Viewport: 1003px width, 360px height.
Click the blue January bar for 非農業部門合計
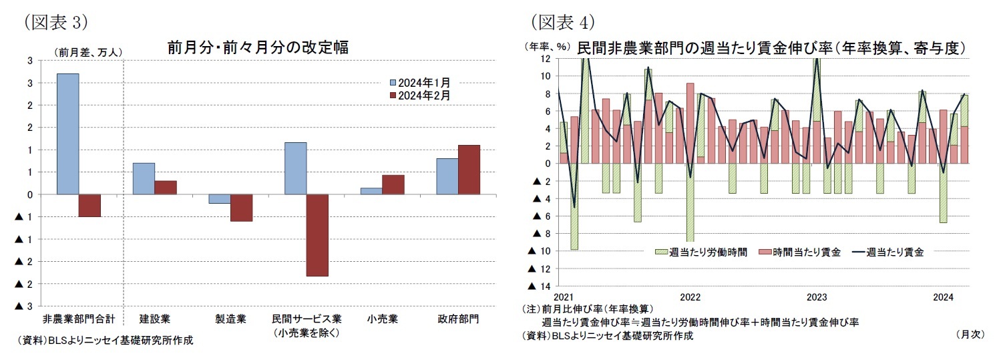(67, 134)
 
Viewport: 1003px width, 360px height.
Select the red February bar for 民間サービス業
(317, 235)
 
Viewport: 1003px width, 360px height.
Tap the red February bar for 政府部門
(469, 170)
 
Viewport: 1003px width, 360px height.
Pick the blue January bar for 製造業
(219, 198)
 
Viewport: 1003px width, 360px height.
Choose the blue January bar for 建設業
(144, 178)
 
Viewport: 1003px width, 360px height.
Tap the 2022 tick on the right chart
(690, 297)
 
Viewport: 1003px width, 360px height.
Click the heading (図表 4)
(562, 21)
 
